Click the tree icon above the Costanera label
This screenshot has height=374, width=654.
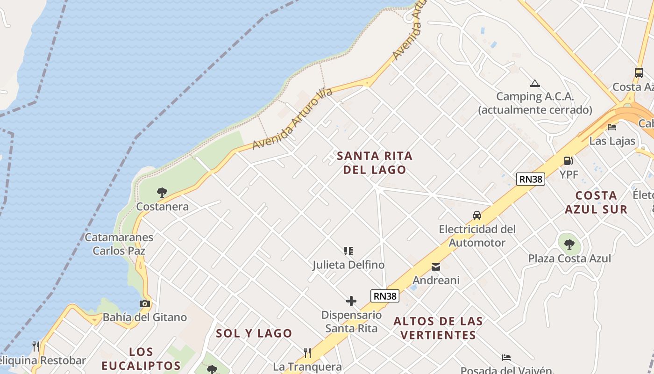coord(162,192)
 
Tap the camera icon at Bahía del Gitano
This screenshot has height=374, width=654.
coord(145,303)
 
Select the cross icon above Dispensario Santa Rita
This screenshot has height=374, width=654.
coord(351,301)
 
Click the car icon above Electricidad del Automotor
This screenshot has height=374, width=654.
coord(476,216)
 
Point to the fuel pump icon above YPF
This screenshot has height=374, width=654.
coord(569,161)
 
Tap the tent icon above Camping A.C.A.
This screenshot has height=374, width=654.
coord(535,84)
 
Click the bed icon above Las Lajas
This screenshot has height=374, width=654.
coord(612,127)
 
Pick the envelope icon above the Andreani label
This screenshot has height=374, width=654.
coord(436,267)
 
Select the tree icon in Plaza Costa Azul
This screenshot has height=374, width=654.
coord(569,244)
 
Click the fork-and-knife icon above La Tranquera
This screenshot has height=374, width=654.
coord(307,352)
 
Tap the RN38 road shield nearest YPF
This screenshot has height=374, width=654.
coord(531,179)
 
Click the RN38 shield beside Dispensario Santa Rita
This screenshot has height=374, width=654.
coord(385,296)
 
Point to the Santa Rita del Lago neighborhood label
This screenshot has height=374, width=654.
coord(375,162)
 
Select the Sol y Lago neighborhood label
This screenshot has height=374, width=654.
coord(254,333)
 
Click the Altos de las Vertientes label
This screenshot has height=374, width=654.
coord(438,328)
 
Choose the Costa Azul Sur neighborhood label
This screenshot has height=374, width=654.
coord(596,202)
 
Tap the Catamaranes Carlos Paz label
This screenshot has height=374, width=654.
coord(119,244)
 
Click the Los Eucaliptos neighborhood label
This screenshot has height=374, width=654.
coord(141,359)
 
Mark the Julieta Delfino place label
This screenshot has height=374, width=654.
coord(348,265)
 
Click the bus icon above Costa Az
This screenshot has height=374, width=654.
coord(639,73)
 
